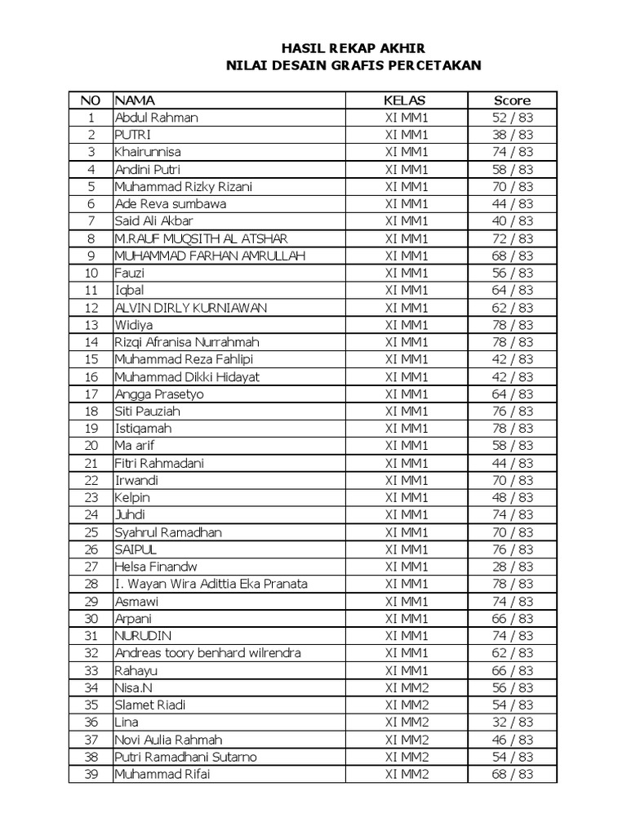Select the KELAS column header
point(406,100)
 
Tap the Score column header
point(512,100)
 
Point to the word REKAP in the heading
point(346,49)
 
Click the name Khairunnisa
point(148,152)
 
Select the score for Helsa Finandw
point(512,567)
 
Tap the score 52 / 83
point(512,118)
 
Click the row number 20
point(91,446)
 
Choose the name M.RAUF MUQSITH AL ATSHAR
point(201,238)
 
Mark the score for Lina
point(512,722)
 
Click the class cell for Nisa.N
point(406,687)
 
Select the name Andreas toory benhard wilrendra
point(207,653)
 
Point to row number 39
point(91,774)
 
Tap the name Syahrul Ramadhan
point(167,532)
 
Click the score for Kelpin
point(512,497)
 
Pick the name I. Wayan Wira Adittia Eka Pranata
point(211,584)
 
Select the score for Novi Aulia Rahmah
point(512,740)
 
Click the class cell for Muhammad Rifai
point(406,774)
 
